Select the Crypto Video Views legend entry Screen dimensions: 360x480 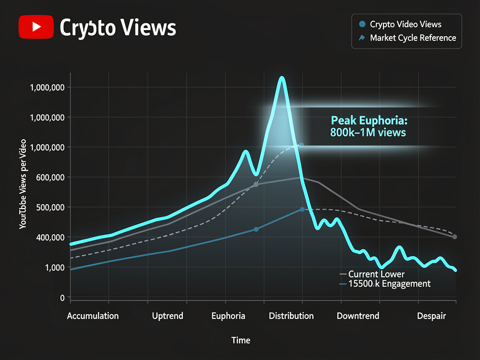tap(405, 24)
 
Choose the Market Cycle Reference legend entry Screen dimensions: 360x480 tap(412, 38)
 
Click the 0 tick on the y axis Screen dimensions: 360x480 tap(62, 297)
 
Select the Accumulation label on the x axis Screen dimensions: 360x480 tap(93, 315)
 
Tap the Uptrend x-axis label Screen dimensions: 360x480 tap(167, 315)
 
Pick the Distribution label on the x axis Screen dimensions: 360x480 tap(291, 315)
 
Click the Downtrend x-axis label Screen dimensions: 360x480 tap(358, 315)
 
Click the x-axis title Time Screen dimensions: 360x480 tap(241, 340)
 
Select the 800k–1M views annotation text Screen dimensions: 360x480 tap(367, 133)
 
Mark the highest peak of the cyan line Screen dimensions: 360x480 tap(282, 78)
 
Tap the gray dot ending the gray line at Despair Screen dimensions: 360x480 tap(455, 237)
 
